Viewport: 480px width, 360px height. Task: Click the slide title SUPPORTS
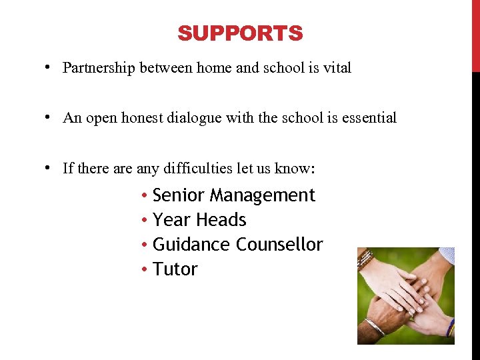pyautogui.click(x=240, y=33)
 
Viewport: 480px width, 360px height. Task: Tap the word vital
pyautogui.click(x=337, y=68)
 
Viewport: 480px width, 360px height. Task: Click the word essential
pyautogui.click(x=369, y=118)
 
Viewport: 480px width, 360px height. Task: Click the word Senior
pyautogui.click(x=179, y=195)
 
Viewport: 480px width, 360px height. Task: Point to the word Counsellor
pyautogui.click(x=280, y=245)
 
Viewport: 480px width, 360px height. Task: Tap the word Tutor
pyautogui.click(x=175, y=269)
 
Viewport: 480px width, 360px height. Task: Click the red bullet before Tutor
pyautogui.click(x=145, y=270)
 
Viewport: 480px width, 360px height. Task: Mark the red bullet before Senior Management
pyautogui.click(x=145, y=196)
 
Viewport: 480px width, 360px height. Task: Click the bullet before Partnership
pyautogui.click(x=50, y=68)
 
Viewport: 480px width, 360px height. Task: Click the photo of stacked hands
pyautogui.click(x=405, y=295)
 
